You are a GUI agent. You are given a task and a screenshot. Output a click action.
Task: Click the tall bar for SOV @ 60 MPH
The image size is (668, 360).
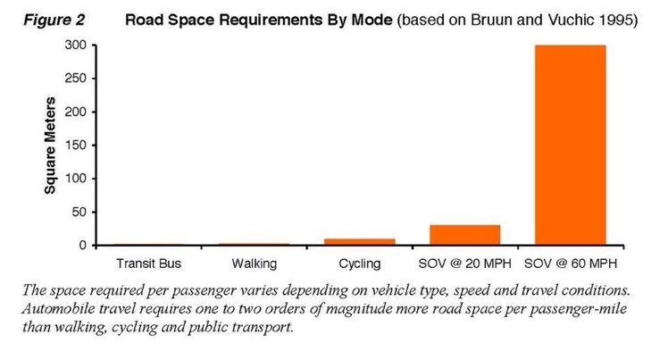click(570, 145)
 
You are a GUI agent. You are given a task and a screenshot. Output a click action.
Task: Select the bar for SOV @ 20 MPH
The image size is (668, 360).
click(464, 235)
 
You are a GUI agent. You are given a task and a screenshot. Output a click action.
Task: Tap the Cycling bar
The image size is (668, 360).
click(360, 241)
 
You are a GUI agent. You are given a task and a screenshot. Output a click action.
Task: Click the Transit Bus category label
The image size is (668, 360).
click(149, 264)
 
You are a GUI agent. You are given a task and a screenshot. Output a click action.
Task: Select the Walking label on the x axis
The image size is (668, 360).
click(255, 264)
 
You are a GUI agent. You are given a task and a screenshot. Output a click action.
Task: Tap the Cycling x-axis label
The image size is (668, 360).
click(360, 264)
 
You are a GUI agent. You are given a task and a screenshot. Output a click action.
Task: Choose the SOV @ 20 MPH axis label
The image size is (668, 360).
click(465, 264)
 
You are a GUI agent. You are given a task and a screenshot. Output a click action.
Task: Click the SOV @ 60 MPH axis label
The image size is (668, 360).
click(571, 264)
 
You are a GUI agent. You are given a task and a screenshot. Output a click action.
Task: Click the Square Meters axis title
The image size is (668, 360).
click(51, 145)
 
